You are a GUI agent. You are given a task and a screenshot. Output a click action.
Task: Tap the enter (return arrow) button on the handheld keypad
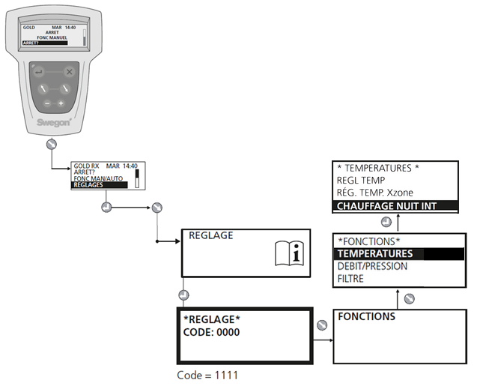tap(38, 72)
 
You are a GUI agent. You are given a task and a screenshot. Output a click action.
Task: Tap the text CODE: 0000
tap(212, 332)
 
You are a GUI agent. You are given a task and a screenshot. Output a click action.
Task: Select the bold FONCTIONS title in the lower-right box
tap(367, 317)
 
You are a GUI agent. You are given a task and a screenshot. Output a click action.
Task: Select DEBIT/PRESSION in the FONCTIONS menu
tap(373, 266)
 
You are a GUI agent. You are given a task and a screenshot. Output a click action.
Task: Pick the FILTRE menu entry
tap(351, 279)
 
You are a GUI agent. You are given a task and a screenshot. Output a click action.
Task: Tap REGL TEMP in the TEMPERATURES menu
tap(362, 180)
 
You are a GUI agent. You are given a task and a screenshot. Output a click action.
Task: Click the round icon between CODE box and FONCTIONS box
tap(321, 325)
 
